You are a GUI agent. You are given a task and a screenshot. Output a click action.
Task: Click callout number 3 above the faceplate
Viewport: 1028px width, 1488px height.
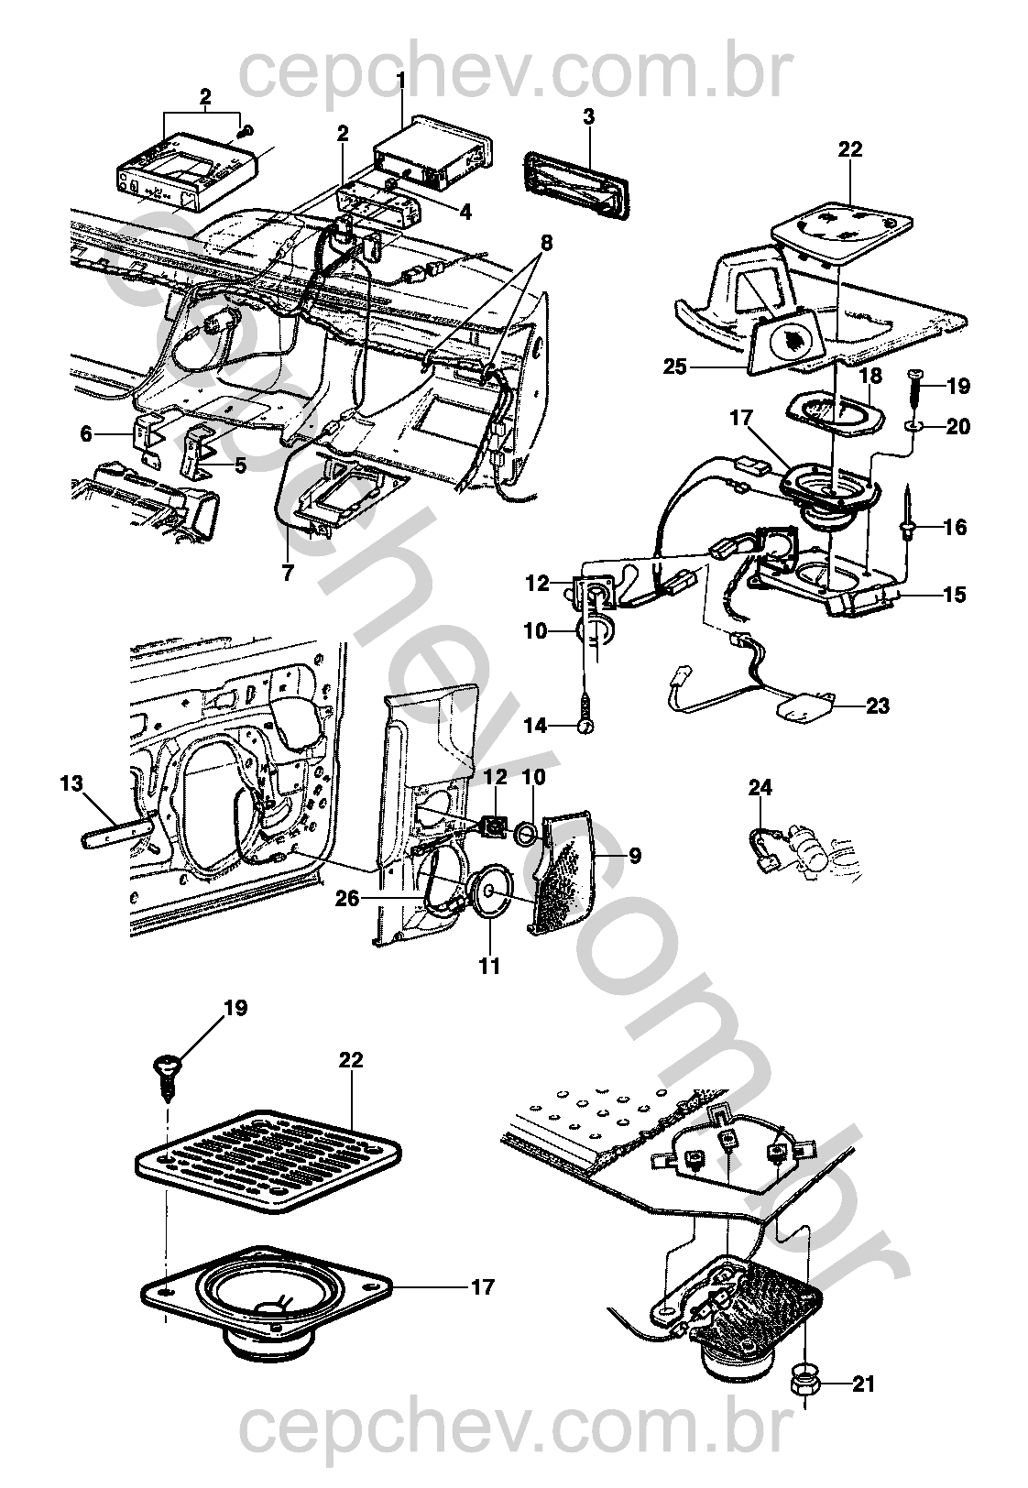click(x=588, y=116)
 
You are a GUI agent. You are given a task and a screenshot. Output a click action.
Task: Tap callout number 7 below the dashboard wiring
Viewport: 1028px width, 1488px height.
click(x=287, y=573)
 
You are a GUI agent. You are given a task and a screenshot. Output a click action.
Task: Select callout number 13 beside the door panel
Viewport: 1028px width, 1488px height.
click(x=71, y=784)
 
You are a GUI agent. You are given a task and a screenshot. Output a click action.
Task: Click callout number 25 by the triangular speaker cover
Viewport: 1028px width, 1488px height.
click(x=675, y=366)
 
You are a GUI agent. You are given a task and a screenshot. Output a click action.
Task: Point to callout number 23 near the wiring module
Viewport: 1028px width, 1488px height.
click(x=877, y=706)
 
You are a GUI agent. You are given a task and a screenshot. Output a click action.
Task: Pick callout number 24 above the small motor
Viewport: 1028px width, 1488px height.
click(x=760, y=788)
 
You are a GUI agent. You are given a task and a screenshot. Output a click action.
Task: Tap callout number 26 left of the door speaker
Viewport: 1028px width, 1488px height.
click(x=347, y=899)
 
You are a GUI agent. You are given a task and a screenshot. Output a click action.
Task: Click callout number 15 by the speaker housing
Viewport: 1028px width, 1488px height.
click(x=954, y=595)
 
